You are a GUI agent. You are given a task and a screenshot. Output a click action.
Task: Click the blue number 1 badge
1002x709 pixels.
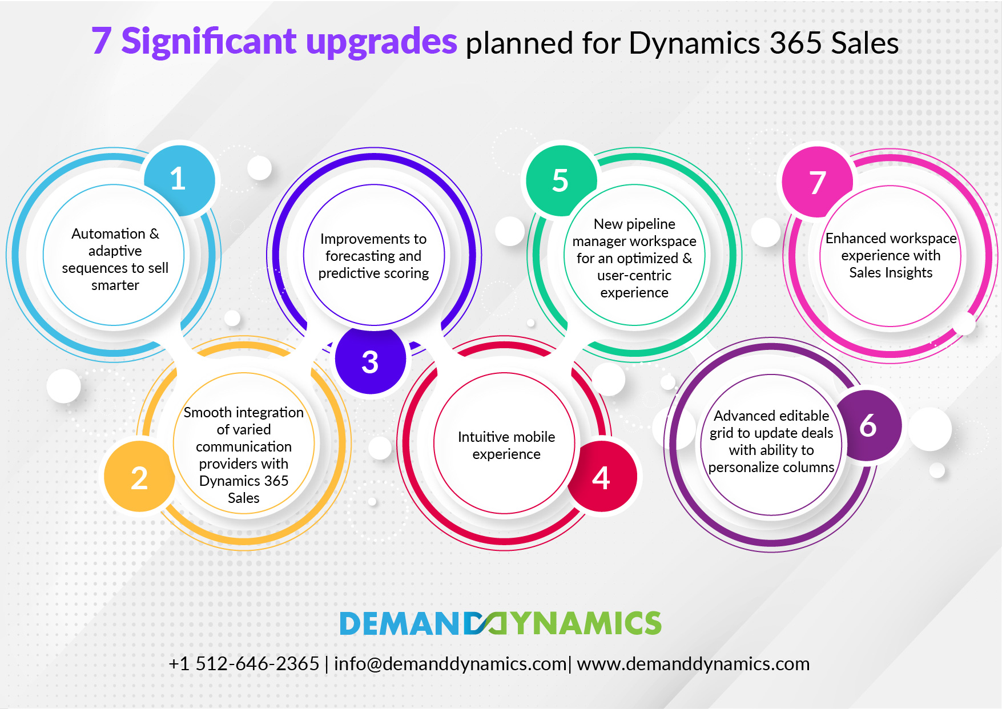tap(179, 180)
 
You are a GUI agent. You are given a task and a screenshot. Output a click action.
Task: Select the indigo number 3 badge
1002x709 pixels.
tap(371, 359)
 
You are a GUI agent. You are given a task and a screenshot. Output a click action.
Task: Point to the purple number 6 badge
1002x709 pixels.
tap(867, 425)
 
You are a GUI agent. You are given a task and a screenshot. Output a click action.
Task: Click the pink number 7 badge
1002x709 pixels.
tap(818, 182)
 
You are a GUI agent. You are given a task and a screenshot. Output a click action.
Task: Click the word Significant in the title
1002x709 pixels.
tap(209, 42)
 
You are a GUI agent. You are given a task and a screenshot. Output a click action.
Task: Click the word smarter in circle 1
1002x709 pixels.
tap(115, 285)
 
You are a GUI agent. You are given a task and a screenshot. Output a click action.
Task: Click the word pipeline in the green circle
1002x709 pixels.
tap(650, 224)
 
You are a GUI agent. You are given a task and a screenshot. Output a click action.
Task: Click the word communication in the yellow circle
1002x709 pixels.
tap(244, 446)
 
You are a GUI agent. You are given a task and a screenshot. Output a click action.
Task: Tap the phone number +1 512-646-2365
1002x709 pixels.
tap(244, 664)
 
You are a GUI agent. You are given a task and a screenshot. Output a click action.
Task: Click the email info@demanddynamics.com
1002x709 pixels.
tap(450, 664)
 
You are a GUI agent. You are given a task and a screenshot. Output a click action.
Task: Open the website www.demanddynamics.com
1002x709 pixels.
tap(693, 664)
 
